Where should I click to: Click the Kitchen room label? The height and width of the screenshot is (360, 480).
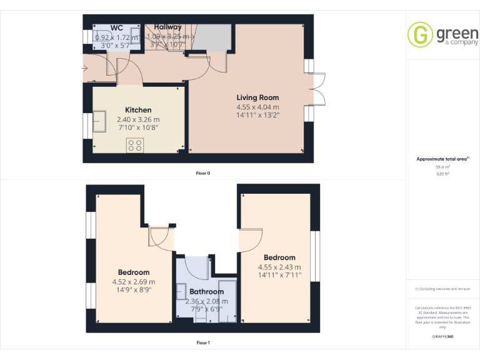click(x=138, y=110)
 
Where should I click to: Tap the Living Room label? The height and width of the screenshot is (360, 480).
click(x=257, y=97)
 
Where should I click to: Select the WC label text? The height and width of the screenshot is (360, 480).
click(x=116, y=28)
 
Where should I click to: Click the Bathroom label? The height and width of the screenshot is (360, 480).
click(x=206, y=292)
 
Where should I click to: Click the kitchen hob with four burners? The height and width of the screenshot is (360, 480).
click(x=134, y=146)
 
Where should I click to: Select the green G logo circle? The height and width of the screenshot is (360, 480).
click(x=420, y=35)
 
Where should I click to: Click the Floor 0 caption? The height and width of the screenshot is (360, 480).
click(x=203, y=173)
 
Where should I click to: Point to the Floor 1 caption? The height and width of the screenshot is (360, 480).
click(x=203, y=343)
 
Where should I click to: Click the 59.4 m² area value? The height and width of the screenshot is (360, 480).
click(x=442, y=167)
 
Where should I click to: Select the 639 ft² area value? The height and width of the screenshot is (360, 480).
click(x=442, y=174)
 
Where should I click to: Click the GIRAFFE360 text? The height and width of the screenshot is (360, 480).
click(x=442, y=337)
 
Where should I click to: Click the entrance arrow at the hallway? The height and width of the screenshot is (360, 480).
click(x=85, y=68)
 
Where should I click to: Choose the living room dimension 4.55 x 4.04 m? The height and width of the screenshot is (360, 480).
click(x=257, y=107)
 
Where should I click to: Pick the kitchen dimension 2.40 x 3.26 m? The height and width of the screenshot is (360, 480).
click(x=138, y=119)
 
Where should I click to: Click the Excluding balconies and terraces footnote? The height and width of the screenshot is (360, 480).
click(x=442, y=289)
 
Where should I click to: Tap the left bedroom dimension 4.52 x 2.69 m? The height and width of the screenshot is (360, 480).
click(x=134, y=282)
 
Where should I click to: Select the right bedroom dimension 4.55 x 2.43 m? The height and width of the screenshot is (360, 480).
click(x=279, y=267)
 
